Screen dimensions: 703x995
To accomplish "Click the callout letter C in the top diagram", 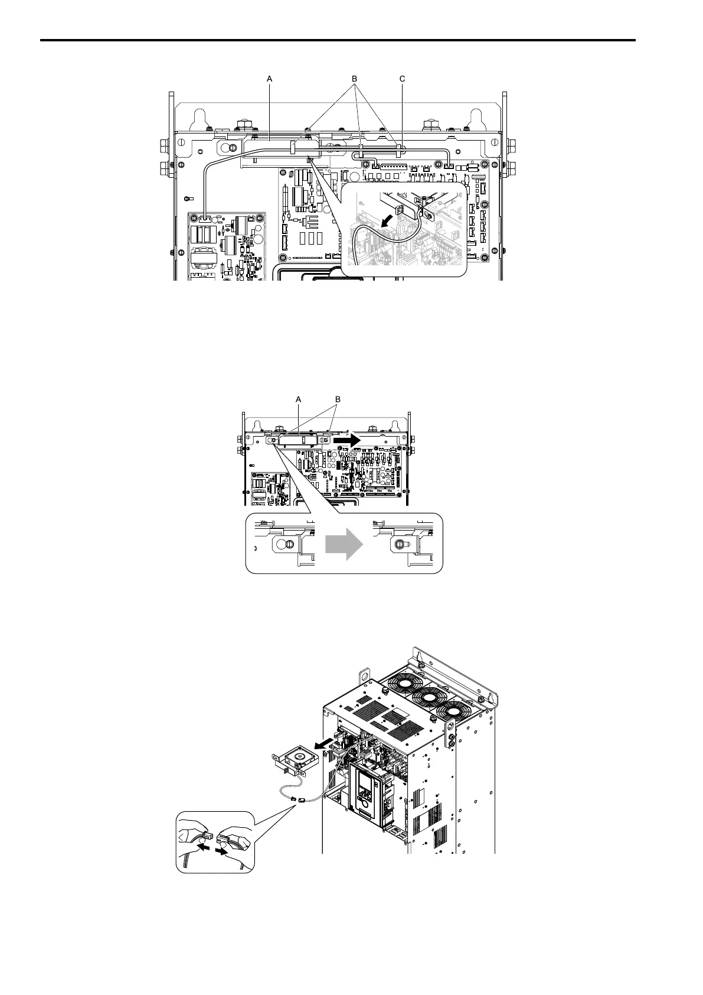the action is pyautogui.click(x=403, y=78).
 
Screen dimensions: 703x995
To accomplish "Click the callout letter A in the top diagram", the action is pyautogui.click(x=269, y=78).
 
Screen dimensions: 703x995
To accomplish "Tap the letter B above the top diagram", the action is pyautogui.click(x=355, y=78).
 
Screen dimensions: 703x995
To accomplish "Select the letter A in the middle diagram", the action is pyautogui.click(x=299, y=400).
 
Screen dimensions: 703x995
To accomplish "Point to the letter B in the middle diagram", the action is pyautogui.click(x=338, y=400).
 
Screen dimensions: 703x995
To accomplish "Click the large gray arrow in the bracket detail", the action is pyautogui.click(x=344, y=544).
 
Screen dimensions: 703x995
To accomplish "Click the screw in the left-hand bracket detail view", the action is pyautogui.click(x=289, y=544).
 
